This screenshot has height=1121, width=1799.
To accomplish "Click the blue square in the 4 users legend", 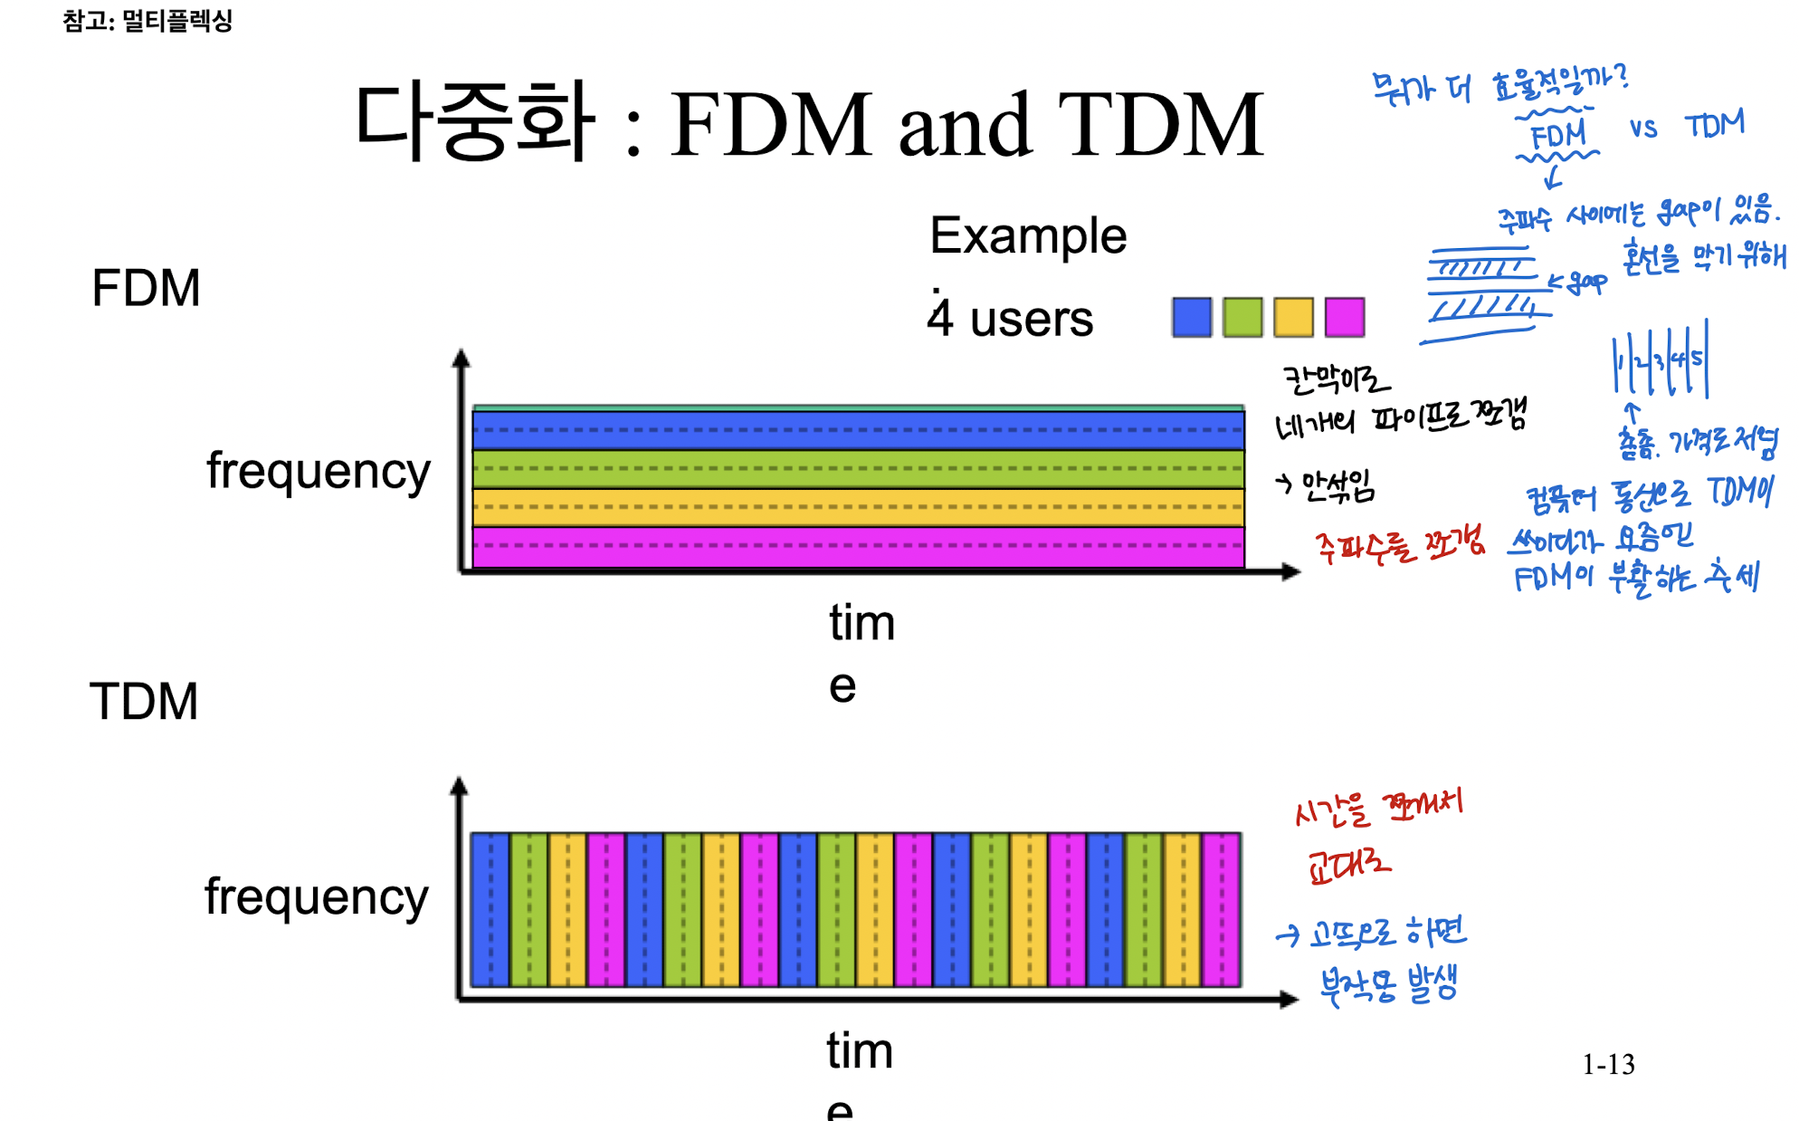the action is (1191, 318).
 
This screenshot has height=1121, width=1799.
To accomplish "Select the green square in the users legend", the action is (1242, 318).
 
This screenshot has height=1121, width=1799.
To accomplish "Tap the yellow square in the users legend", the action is (1293, 318).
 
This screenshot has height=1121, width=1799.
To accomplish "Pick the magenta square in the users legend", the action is (1345, 318).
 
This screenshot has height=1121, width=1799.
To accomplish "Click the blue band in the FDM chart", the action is (858, 431).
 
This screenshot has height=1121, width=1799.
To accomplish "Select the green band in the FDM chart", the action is (858, 469).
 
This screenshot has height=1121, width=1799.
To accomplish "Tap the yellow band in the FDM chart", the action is (858, 508).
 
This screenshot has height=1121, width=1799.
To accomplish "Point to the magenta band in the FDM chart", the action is (858, 547).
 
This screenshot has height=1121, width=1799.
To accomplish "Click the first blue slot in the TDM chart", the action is (490, 909).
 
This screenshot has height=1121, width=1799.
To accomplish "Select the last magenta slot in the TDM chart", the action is (1222, 909).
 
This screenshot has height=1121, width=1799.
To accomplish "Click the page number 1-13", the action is (1608, 1064).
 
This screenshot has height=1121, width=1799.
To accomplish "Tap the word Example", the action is (1028, 236).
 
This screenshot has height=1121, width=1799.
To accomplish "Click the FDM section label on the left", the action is (146, 289).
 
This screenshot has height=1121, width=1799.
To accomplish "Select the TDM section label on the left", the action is (144, 702).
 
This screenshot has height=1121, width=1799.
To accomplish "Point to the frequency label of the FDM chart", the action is (319, 472).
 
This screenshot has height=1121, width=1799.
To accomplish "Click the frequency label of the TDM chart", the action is (317, 897).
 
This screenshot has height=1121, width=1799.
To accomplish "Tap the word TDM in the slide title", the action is (1161, 125).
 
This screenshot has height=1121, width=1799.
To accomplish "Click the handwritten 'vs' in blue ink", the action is (1643, 129).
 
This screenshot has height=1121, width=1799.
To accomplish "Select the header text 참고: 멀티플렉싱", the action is (148, 20).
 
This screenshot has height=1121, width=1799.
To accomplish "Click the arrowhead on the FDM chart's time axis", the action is (1292, 571).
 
